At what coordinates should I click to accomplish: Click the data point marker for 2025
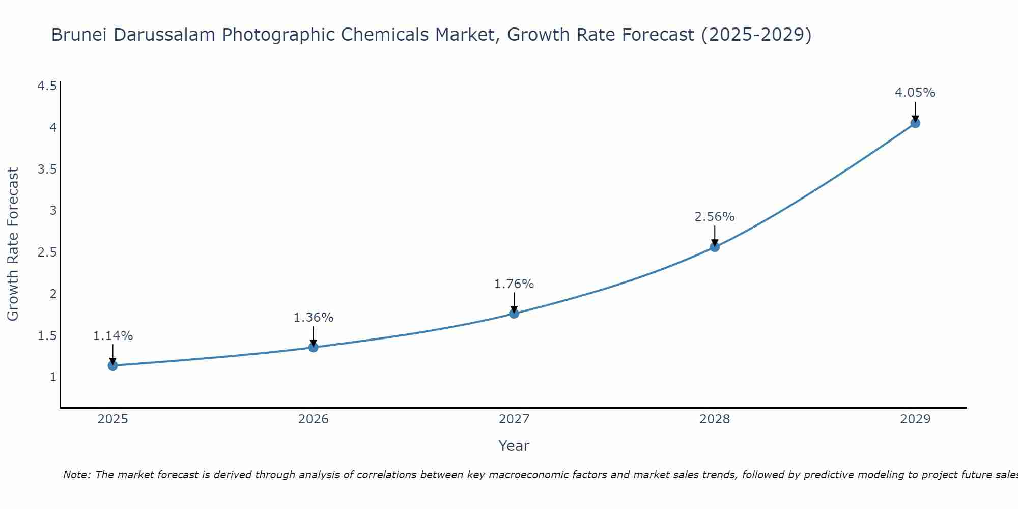[112, 365]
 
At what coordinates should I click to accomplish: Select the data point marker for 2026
[314, 347]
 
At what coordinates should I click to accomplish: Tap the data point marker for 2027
[514, 314]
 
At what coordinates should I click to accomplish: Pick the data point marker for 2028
[715, 247]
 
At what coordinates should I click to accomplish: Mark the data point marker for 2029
[915, 123]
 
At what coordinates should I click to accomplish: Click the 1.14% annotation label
[113, 336]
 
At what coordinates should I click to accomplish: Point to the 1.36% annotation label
[314, 318]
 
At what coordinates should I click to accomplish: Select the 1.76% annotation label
[514, 284]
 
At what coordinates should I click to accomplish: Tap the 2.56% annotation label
[715, 217]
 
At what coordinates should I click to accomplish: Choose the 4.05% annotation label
[915, 93]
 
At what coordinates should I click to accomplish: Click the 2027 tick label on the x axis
[514, 419]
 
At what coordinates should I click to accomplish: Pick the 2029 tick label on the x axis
[915, 419]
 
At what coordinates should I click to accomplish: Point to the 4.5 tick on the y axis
[47, 86]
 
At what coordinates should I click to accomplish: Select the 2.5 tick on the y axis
[47, 252]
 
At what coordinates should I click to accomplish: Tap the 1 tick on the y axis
[53, 377]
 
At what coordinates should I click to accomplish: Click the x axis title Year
[514, 446]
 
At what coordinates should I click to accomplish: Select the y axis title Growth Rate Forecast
[13, 244]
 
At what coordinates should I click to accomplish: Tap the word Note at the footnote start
[76, 475]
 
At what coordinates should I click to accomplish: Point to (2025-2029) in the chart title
[756, 35]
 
